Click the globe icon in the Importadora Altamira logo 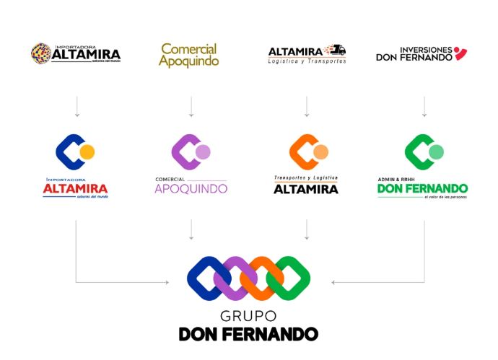(x=40, y=53)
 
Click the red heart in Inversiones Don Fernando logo (x=460, y=53)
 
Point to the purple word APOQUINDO (x=191, y=189)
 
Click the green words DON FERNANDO (x=422, y=188)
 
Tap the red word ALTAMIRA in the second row (x=75, y=189)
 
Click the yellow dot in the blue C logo (x=87, y=152)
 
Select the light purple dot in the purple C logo (x=203, y=152)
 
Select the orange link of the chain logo (x=264, y=278)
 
